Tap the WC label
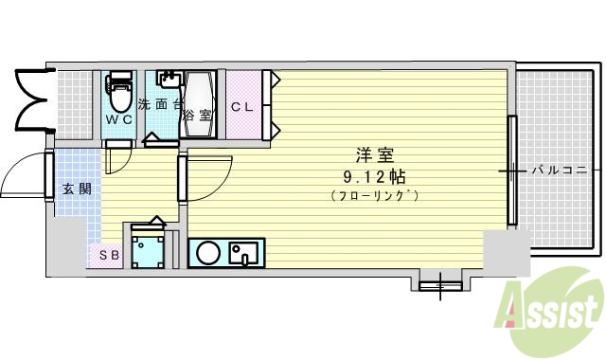(x=118, y=119)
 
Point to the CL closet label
(x=242, y=107)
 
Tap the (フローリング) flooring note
(x=375, y=195)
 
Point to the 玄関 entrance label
(x=77, y=189)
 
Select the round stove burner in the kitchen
(x=208, y=253)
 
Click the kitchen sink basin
(x=246, y=253)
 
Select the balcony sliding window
(x=512, y=171)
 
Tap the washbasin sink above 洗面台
(x=171, y=80)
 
